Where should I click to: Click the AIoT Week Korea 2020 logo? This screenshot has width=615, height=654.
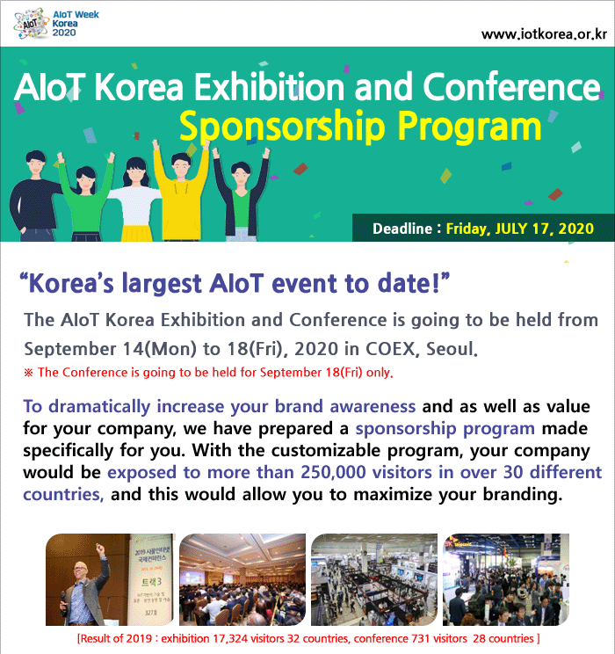point(56,25)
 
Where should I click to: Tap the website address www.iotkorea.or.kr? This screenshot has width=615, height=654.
point(544,33)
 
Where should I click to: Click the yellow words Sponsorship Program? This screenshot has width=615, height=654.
point(360,126)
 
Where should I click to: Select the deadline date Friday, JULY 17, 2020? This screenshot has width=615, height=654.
point(520,229)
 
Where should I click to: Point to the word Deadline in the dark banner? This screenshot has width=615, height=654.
point(402,229)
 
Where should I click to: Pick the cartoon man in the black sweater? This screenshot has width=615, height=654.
point(35,196)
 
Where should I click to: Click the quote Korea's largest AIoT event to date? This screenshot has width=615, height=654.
point(235,284)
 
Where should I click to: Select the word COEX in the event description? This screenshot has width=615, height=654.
point(390,349)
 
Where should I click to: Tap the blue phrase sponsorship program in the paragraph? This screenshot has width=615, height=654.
point(445,428)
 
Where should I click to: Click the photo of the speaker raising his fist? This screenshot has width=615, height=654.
point(109,579)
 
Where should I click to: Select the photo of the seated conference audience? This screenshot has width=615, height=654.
point(242,579)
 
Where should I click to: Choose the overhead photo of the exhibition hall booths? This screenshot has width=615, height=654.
point(374,579)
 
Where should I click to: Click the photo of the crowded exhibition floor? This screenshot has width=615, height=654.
point(506,579)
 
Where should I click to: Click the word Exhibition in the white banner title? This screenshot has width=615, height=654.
point(270,87)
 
